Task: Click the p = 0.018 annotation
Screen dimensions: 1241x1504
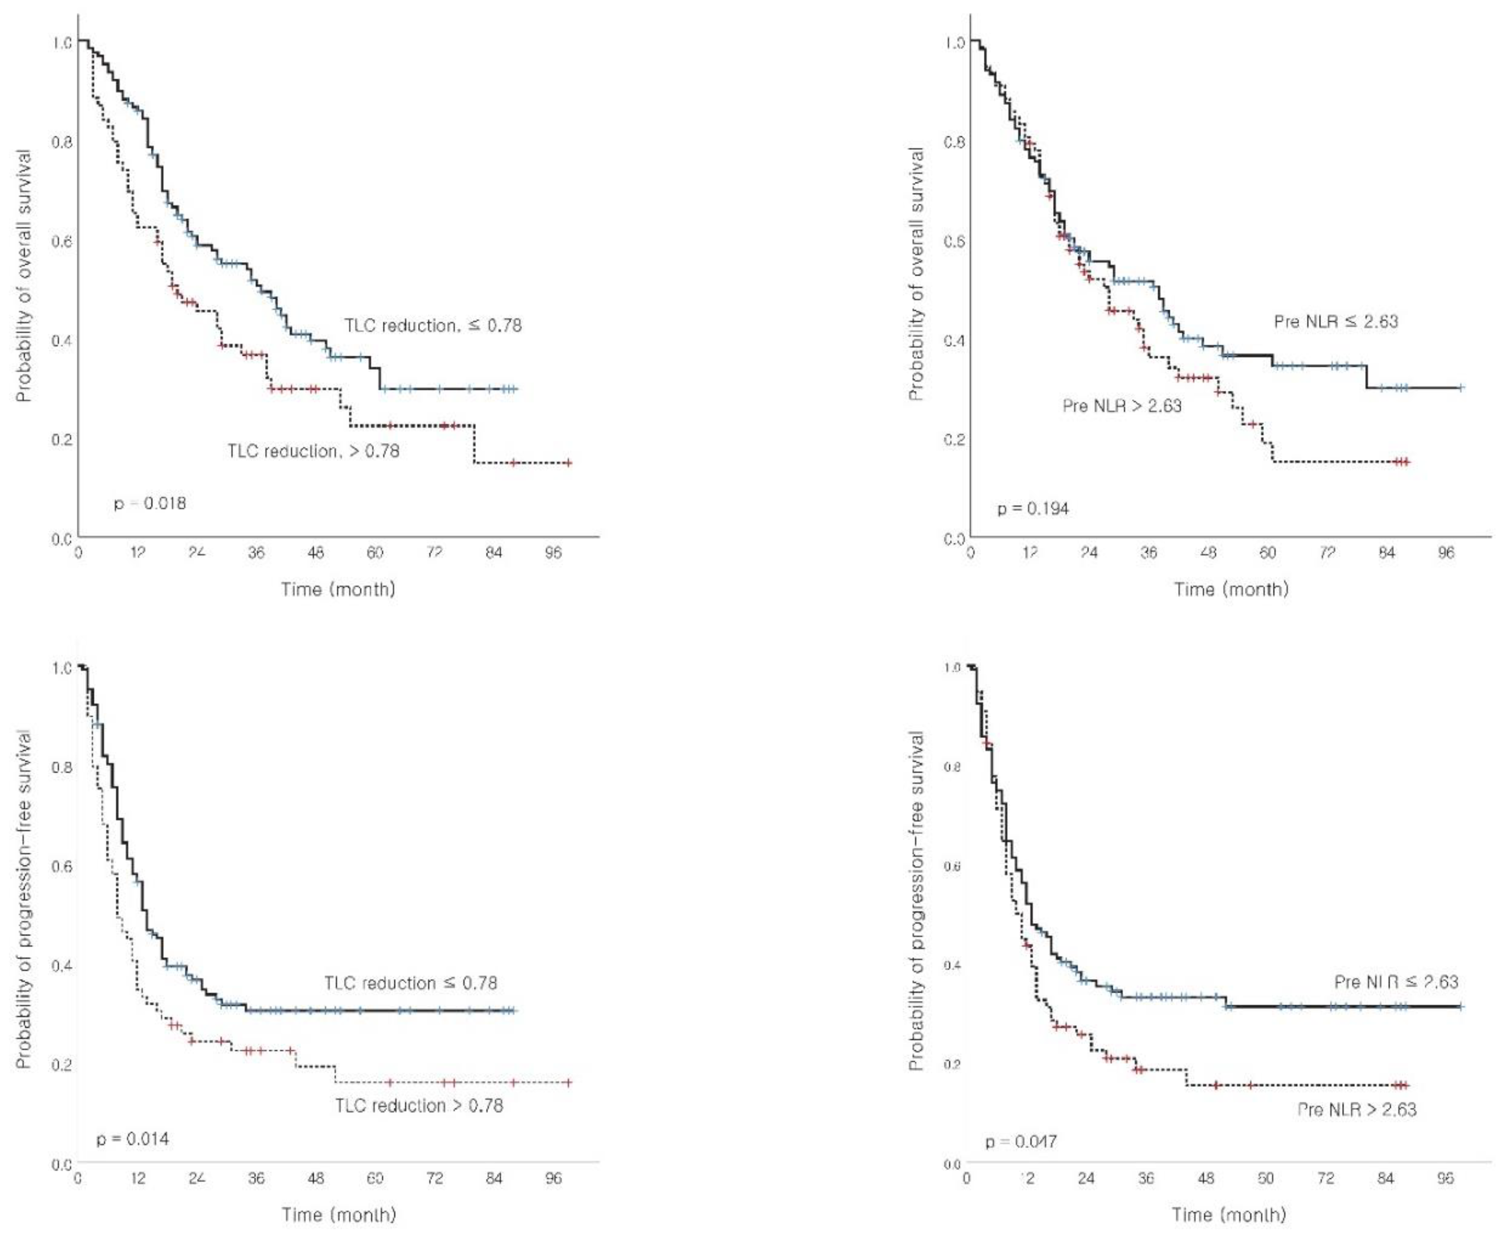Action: [149, 503]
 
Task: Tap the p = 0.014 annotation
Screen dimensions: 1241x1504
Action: [133, 1138]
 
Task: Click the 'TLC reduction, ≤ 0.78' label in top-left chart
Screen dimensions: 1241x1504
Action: [433, 325]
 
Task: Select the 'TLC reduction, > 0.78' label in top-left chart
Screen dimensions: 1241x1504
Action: [313, 451]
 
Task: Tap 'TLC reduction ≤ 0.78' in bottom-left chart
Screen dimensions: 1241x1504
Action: [410, 983]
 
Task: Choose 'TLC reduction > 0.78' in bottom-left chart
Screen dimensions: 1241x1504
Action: [419, 1106]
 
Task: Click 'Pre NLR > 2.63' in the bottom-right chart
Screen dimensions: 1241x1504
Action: [1357, 1109]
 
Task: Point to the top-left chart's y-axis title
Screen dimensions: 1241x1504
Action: [24, 275]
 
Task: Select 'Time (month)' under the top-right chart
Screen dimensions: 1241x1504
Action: [1231, 589]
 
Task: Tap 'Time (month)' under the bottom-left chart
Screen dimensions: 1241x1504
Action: [339, 1215]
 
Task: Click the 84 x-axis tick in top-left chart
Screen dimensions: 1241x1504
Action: [494, 552]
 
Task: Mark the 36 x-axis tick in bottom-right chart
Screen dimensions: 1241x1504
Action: [1146, 1178]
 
